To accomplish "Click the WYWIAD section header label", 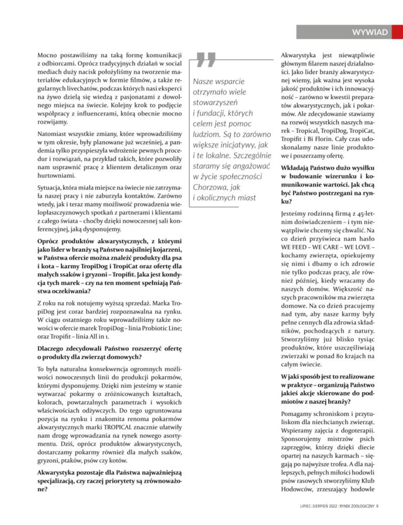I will click(370, 33).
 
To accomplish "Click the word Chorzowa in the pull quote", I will click(211, 186).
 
